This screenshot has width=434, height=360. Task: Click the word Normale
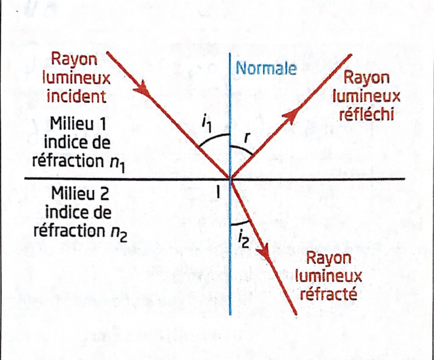tap(266, 68)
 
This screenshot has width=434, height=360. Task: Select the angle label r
tap(246, 137)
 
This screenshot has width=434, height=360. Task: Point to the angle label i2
tap(244, 239)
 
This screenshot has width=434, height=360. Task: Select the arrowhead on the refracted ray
tap(264, 253)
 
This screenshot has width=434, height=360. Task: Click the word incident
tap(77, 97)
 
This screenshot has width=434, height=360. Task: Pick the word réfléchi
tap(366, 114)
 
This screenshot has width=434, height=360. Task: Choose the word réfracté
tap(328, 294)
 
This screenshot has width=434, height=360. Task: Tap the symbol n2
tap(119, 234)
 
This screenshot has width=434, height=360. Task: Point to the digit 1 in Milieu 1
tap(102, 124)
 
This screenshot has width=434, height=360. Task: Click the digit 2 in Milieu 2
tap(104, 194)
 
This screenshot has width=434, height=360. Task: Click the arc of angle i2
tap(240, 223)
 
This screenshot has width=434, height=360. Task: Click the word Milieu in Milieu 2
tap(72, 193)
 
